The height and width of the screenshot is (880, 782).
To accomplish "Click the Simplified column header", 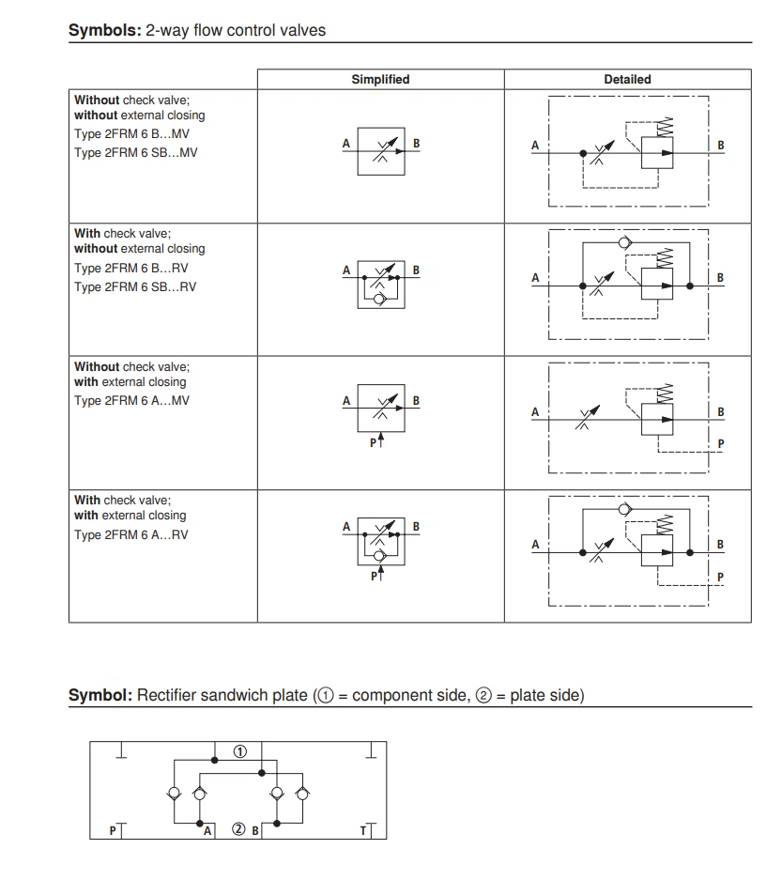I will [380, 80].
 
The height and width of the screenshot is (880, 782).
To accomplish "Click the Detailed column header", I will [627, 80].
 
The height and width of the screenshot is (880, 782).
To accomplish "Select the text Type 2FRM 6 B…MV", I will [131, 134].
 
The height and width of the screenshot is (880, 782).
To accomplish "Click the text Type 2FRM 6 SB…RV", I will [135, 286].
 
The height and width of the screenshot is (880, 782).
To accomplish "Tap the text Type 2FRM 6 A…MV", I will [131, 401].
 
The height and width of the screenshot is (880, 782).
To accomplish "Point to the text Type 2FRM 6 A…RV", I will [130, 534].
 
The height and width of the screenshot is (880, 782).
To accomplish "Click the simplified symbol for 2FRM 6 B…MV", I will [380, 149].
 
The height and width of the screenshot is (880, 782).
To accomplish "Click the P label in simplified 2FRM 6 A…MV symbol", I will [373, 441].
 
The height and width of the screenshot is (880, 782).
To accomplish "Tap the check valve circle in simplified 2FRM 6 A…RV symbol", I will [379, 556].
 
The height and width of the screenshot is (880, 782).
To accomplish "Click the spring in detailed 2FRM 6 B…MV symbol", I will [666, 126].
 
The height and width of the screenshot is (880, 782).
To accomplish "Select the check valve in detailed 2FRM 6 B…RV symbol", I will [623, 243].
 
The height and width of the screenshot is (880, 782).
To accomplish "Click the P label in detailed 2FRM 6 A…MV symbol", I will [720, 443].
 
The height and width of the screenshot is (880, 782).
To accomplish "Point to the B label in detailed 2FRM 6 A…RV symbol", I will [720, 545].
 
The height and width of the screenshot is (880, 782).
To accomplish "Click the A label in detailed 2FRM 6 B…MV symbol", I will [535, 146].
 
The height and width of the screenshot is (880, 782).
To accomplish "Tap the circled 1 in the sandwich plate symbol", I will [240, 751].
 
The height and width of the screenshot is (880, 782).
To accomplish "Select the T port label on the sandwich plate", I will [364, 829].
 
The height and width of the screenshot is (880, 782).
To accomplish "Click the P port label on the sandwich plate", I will [113, 829].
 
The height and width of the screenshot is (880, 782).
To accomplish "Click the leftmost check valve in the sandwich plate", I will [175, 795].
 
